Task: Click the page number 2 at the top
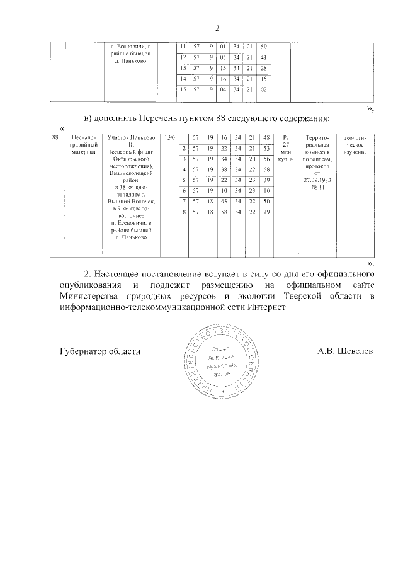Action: click(218, 28)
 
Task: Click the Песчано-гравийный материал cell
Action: click(82, 144)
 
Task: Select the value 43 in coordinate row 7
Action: click(223, 201)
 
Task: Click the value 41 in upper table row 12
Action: click(264, 57)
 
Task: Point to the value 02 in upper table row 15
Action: click(264, 89)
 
